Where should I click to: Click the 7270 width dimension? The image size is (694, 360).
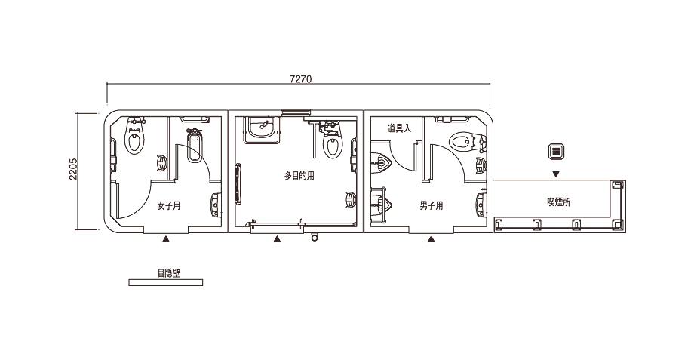300,79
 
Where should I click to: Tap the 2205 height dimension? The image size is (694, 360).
73,169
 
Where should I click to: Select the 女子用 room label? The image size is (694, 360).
169,206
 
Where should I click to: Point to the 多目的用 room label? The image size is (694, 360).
299,176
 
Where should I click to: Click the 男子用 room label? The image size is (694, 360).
431,206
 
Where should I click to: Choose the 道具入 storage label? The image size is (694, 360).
399,128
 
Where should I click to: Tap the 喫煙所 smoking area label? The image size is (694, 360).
559,202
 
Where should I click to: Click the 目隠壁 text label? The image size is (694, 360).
169,273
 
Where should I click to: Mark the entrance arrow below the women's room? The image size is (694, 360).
165,239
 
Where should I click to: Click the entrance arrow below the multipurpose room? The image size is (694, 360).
277,239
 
